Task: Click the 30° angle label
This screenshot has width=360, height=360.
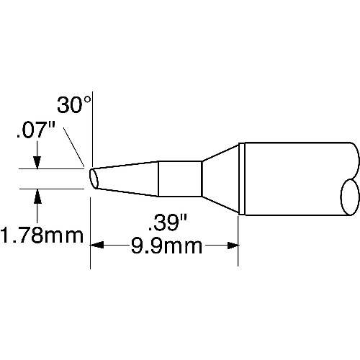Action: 73,105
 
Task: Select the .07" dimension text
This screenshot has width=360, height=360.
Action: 36,130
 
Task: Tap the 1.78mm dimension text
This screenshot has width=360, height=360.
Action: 42,235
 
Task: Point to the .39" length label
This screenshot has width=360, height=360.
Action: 168,223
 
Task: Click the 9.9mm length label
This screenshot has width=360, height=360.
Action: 166,246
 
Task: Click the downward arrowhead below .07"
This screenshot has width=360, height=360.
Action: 37,163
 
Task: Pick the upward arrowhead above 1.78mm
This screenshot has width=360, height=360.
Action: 37,196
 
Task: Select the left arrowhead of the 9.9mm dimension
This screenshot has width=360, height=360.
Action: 96,246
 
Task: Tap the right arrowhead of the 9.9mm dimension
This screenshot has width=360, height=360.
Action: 232,246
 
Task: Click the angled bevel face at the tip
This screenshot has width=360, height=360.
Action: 94,179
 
